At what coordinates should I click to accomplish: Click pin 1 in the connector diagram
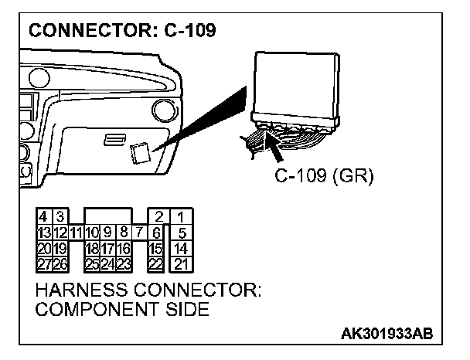point(179,217)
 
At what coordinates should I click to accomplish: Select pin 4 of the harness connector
point(44,217)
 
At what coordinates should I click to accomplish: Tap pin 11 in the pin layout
point(76,232)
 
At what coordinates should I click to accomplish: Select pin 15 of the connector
point(155,247)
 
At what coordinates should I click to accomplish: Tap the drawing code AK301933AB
point(386,334)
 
